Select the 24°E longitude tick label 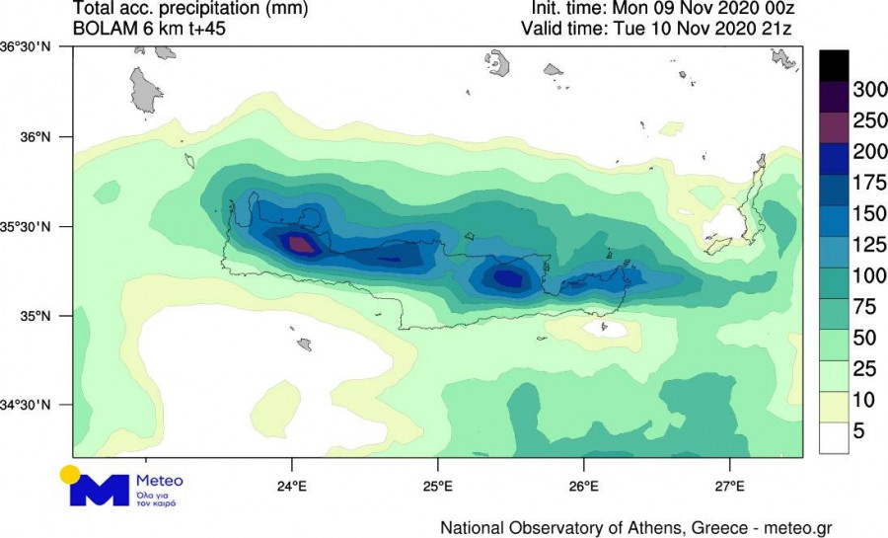[292, 486]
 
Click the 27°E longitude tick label [729, 486]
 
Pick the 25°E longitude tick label [438, 486]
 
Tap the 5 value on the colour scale [859, 430]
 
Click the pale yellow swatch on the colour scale [834, 402]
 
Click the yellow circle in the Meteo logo [69, 474]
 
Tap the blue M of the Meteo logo [99, 491]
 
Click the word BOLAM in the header [101, 28]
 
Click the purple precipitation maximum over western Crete [299, 243]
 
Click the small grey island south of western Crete [305, 345]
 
